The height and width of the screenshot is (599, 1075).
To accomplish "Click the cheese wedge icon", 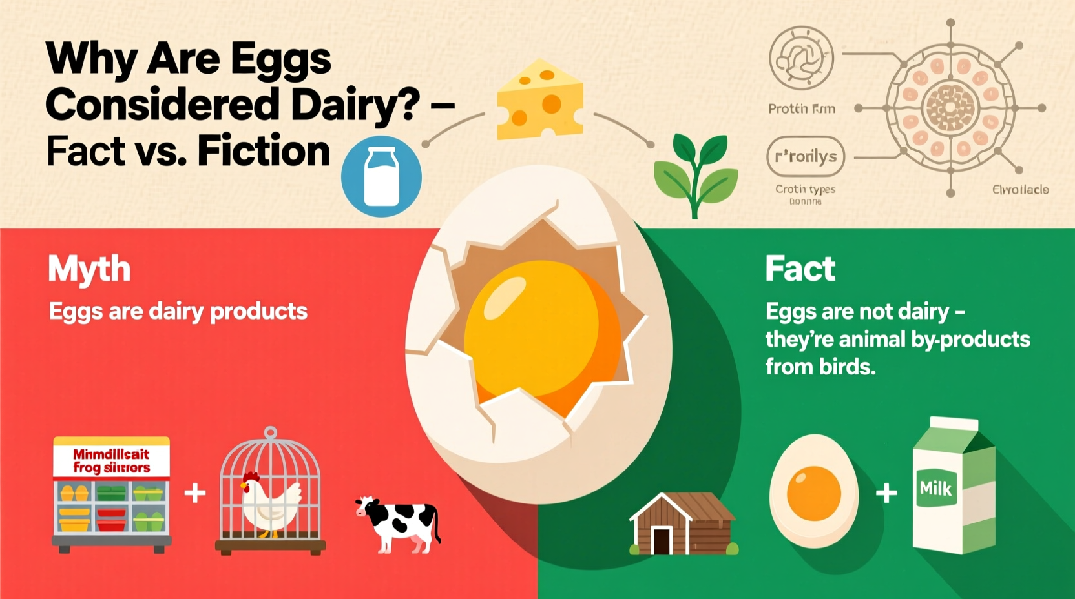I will pyautogui.click(x=540, y=100).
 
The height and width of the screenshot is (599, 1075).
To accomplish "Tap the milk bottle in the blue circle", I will pyautogui.click(x=381, y=176).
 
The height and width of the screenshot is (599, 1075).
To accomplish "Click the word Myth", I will pyautogui.click(x=89, y=269).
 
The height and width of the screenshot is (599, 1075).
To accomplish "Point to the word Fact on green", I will pyautogui.click(x=800, y=269).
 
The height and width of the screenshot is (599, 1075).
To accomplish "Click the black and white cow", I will pyautogui.click(x=399, y=523).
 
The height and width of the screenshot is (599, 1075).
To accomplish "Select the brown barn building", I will pyautogui.click(x=684, y=524).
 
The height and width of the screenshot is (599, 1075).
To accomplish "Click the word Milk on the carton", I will pyautogui.click(x=935, y=489).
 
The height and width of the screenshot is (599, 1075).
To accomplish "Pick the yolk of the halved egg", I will pyautogui.click(x=814, y=493).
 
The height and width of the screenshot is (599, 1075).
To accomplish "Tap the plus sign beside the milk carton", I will pyautogui.click(x=886, y=493).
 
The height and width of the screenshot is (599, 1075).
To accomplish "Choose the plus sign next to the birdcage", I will pyautogui.click(x=195, y=494).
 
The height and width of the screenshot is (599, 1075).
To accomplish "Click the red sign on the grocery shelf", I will pyautogui.click(x=111, y=461).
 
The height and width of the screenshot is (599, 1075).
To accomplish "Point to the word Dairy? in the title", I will pyautogui.click(x=354, y=105).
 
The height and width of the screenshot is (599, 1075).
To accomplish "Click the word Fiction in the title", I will pyautogui.click(x=264, y=151).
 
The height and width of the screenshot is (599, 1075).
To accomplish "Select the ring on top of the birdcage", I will pyautogui.click(x=271, y=432).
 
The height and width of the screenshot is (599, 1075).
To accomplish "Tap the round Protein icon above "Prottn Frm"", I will pyautogui.click(x=801, y=59).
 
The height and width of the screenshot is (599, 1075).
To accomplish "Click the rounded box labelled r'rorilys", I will pyautogui.click(x=805, y=156).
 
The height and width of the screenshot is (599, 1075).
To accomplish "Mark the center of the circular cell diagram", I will pyautogui.click(x=950, y=108).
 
